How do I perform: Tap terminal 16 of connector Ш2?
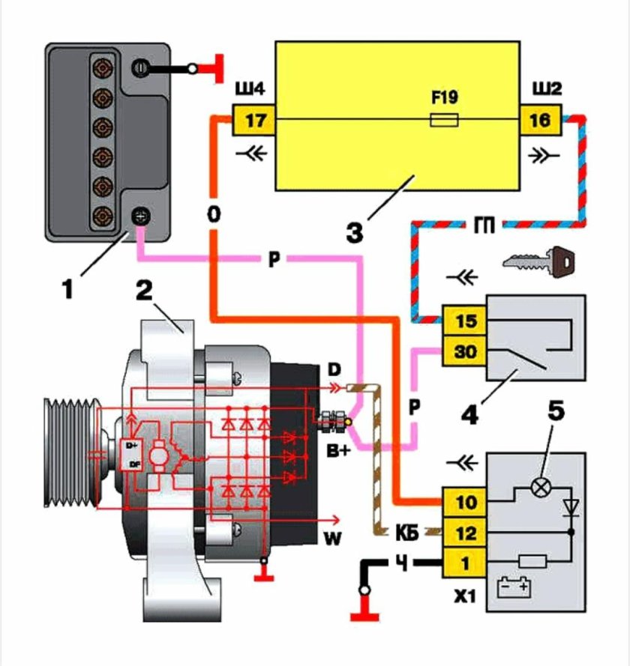(540, 119)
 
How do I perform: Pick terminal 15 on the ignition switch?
(465, 321)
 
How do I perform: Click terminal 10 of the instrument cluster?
(465, 502)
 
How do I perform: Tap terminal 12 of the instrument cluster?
(465, 533)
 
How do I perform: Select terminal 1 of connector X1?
(465, 562)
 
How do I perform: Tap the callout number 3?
(355, 229)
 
